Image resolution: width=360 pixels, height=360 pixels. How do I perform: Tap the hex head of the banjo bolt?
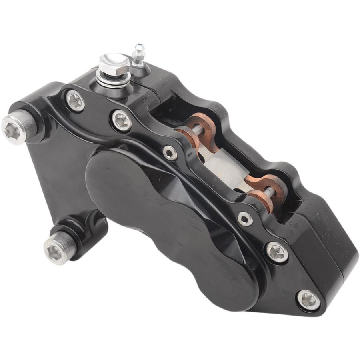tap(114, 63)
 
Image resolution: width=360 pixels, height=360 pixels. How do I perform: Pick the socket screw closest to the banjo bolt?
tap(75, 100)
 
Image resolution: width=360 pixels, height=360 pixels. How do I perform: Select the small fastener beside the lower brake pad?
tap(244, 219)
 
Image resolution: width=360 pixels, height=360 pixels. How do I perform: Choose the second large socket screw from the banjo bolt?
tap(122, 120)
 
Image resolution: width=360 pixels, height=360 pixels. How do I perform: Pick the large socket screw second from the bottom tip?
tap(277, 252)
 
